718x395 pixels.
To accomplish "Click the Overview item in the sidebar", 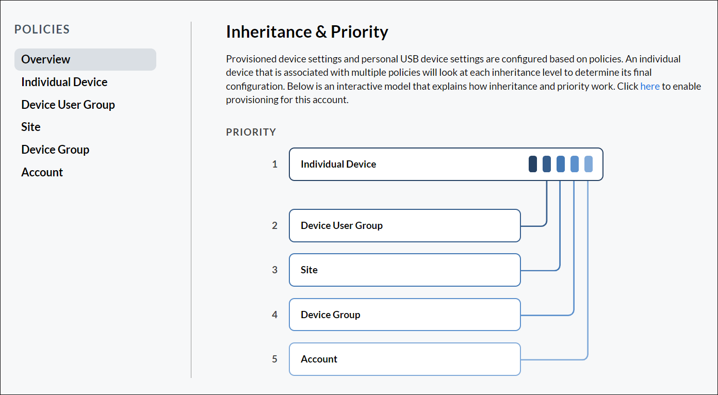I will point(46,59).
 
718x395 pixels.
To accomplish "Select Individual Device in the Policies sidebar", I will point(64,82).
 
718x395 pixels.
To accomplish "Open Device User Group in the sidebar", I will point(68,105).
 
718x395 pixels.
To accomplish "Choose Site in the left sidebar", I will point(31,127).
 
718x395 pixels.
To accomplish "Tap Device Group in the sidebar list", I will point(55,150).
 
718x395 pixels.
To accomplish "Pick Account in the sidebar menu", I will point(42,172).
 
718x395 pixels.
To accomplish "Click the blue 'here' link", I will point(650,86).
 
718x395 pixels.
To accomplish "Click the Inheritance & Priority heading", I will point(307,32).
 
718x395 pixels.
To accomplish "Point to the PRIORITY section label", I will point(251,132).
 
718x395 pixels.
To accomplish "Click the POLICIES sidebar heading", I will point(42,29).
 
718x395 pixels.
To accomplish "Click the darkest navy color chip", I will point(533,164).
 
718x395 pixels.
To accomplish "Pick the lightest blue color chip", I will point(589,164).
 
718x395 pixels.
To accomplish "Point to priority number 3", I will point(275,270).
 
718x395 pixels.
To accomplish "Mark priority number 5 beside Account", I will point(275,359).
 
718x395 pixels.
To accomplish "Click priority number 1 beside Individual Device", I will point(275,164).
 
